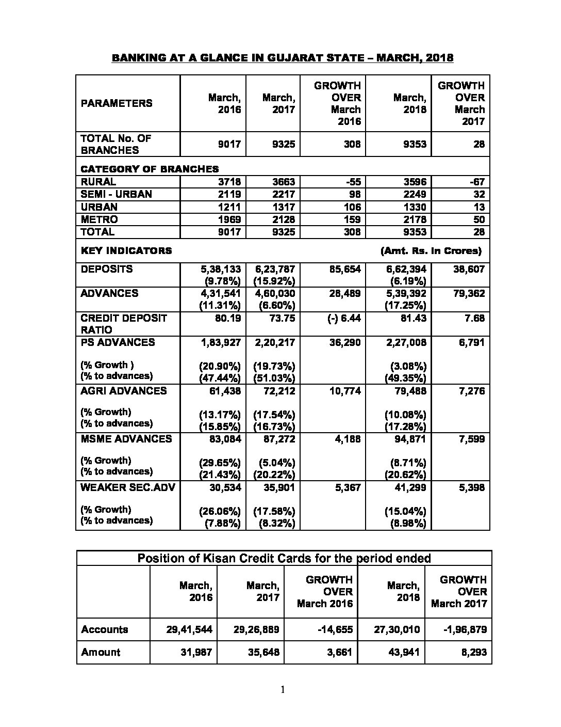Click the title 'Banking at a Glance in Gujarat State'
point(282,58)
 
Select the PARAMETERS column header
point(117,103)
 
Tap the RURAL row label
point(98,182)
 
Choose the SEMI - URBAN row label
point(117,194)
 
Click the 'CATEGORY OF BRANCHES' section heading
point(150,169)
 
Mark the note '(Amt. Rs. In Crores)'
point(431,251)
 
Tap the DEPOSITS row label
point(107,269)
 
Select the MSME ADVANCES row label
point(126,439)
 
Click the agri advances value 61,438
point(225,391)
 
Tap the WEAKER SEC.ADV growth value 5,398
point(472,487)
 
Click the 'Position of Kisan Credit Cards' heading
point(284,558)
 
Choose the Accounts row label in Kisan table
point(105,629)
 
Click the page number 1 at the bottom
point(283,689)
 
